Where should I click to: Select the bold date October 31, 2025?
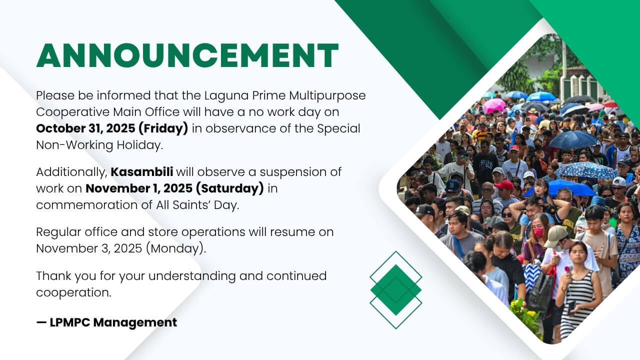(85, 128)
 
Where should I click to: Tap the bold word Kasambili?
(141, 172)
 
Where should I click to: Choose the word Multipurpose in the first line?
(327, 96)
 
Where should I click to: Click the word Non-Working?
(74, 145)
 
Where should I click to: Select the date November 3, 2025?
(89, 248)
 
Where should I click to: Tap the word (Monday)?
(175, 248)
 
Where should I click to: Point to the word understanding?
(192, 276)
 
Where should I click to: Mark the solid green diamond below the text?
(395, 290)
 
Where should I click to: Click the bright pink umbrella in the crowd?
(494, 105)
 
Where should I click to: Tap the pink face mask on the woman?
(538, 232)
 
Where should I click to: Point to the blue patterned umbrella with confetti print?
(586, 170)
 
